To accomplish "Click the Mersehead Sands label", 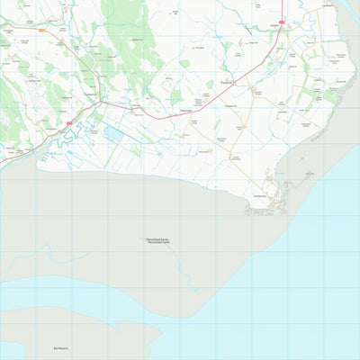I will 157,239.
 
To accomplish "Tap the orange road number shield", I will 41,29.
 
